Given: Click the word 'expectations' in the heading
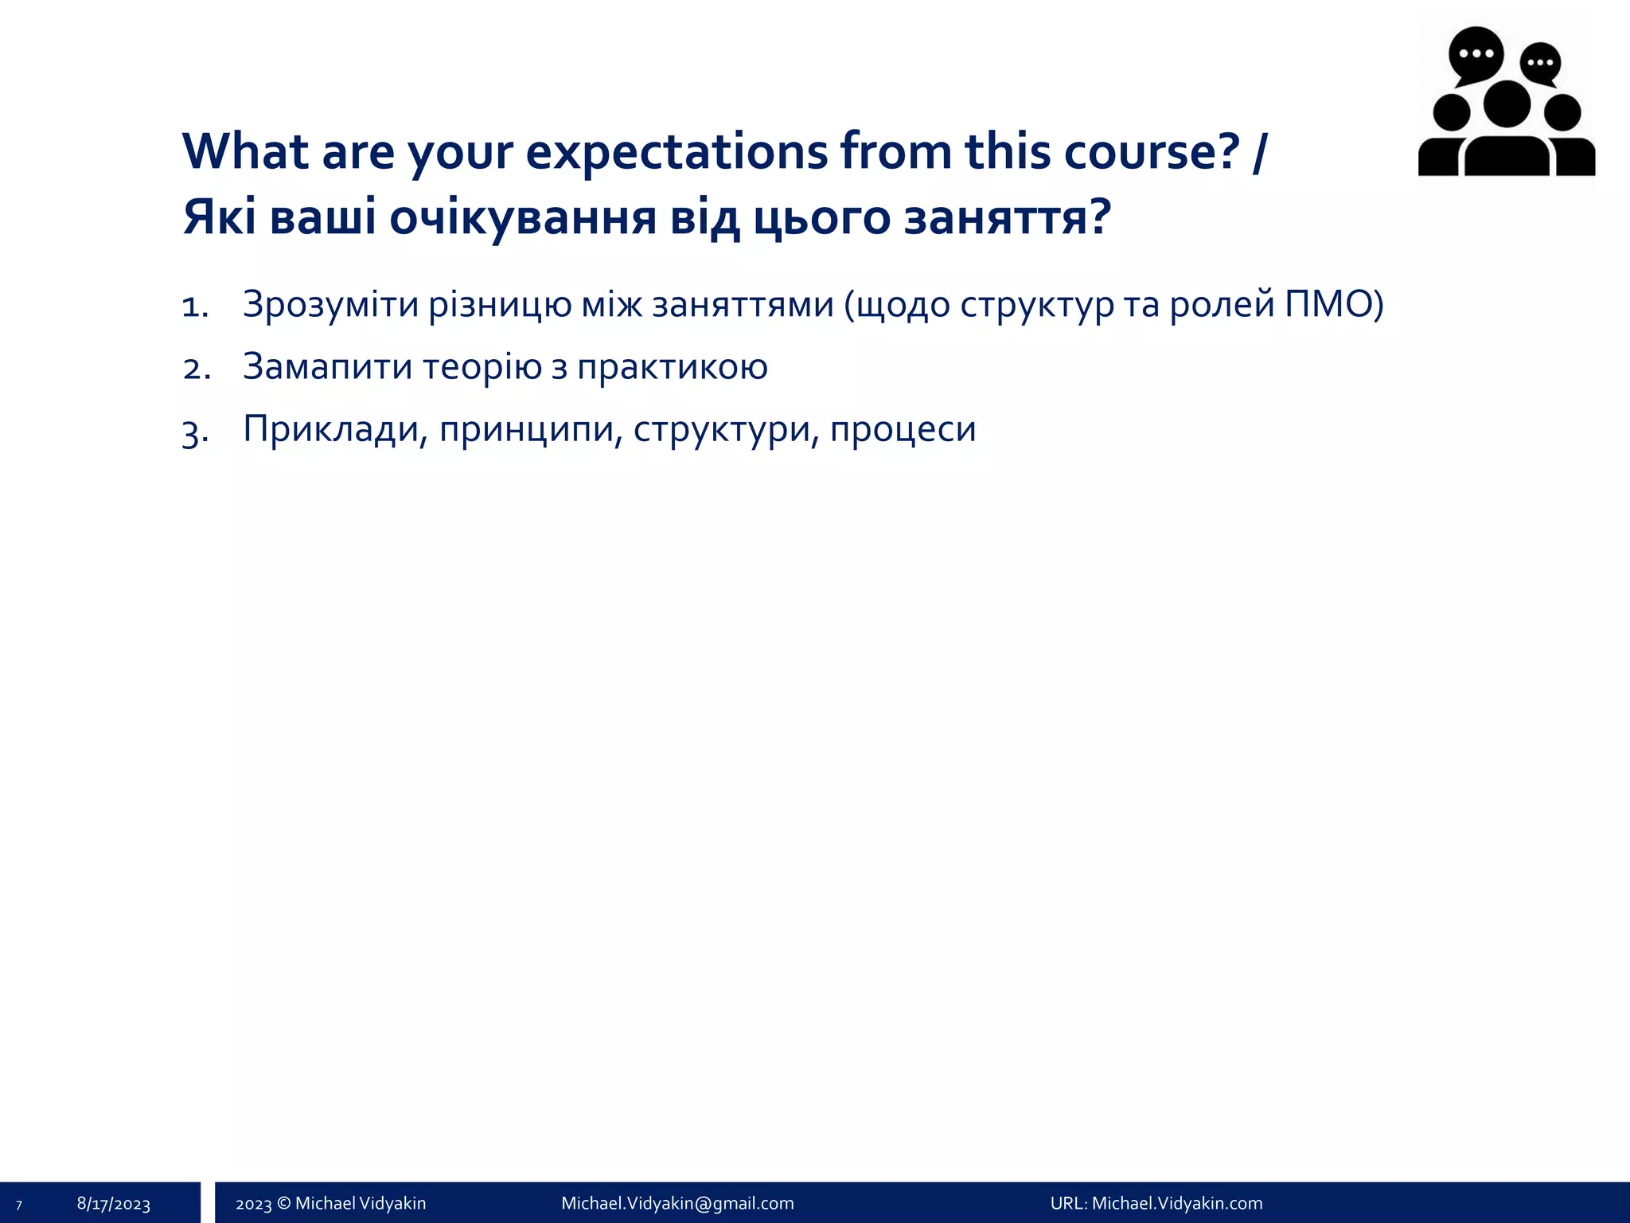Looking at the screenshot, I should (677, 151).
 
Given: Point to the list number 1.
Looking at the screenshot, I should (194, 307).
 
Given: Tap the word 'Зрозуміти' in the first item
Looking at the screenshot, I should (330, 305).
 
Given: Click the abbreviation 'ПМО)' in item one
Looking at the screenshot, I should (1334, 305).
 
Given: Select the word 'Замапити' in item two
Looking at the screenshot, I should (326, 367).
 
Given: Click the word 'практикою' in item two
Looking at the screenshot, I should (672, 367).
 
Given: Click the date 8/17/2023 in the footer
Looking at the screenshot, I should (114, 1204).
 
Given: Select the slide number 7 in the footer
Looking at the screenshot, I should (18, 1205).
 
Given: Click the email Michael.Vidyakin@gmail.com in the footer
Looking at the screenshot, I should (677, 1203).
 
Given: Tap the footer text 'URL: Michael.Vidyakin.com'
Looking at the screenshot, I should (1156, 1203).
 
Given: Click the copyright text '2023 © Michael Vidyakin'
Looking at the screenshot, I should (330, 1203).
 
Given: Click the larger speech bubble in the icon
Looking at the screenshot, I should (1476, 54).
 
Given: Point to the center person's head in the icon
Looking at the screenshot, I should (1507, 104).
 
